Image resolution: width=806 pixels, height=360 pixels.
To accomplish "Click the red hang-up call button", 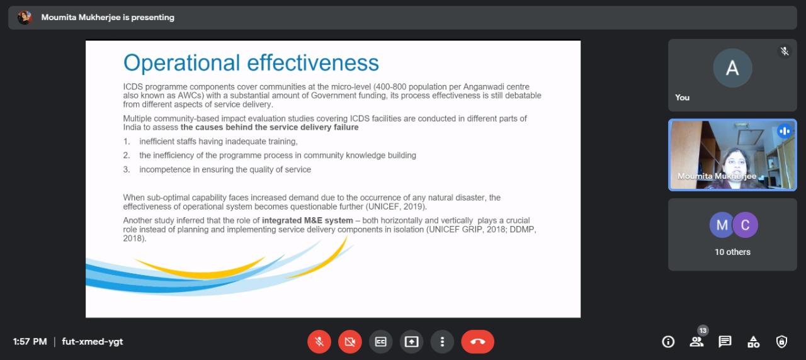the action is pyautogui.click(x=477, y=342).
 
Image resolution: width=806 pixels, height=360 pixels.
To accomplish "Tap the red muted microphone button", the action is pyautogui.click(x=319, y=342).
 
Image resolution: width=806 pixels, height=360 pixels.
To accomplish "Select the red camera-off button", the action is pyautogui.click(x=350, y=342).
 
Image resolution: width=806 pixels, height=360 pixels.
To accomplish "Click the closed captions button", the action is pyautogui.click(x=381, y=342).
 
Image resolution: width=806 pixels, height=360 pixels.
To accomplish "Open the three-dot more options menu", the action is pyautogui.click(x=442, y=342).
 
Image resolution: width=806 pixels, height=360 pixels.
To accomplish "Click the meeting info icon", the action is pyautogui.click(x=668, y=342).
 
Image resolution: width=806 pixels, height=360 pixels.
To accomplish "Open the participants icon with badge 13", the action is pyautogui.click(x=697, y=341).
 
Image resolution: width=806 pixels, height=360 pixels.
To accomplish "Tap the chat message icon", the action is pyautogui.click(x=725, y=342).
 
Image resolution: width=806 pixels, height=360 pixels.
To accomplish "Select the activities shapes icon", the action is pyautogui.click(x=753, y=342).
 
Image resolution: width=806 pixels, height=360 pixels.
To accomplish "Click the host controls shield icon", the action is pyautogui.click(x=781, y=342).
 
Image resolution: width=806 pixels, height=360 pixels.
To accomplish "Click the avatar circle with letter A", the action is pyautogui.click(x=732, y=68).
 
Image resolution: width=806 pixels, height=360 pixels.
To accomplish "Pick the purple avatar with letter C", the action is pyautogui.click(x=745, y=225).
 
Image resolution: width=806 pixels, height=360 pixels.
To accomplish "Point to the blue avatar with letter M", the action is pyautogui.click(x=721, y=225).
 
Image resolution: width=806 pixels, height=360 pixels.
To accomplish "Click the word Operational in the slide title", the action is pyautogui.click(x=182, y=64).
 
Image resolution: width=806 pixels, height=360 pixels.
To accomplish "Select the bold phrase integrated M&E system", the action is pyautogui.click(x=307, y=220).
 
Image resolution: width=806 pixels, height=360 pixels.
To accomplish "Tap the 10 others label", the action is pyautogui.click(x=732, y=252).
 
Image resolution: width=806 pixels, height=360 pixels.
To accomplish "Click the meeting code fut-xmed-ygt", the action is pyautogui.click(x=93, y=342).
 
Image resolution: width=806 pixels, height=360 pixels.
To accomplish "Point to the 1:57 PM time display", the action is pyautogui.click(x=30, y=342).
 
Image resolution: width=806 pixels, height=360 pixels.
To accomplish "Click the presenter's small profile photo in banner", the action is pyautogui.click(x=25, y=17).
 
